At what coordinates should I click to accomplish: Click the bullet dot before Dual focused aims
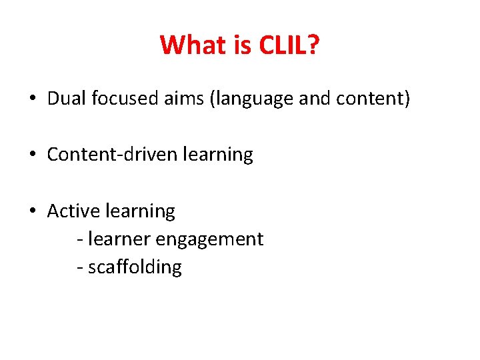[32, 99]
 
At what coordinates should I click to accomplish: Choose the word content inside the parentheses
[371, 99]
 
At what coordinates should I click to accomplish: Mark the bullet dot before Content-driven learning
[32, 155]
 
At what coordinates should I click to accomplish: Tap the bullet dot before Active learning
[32, 211]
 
